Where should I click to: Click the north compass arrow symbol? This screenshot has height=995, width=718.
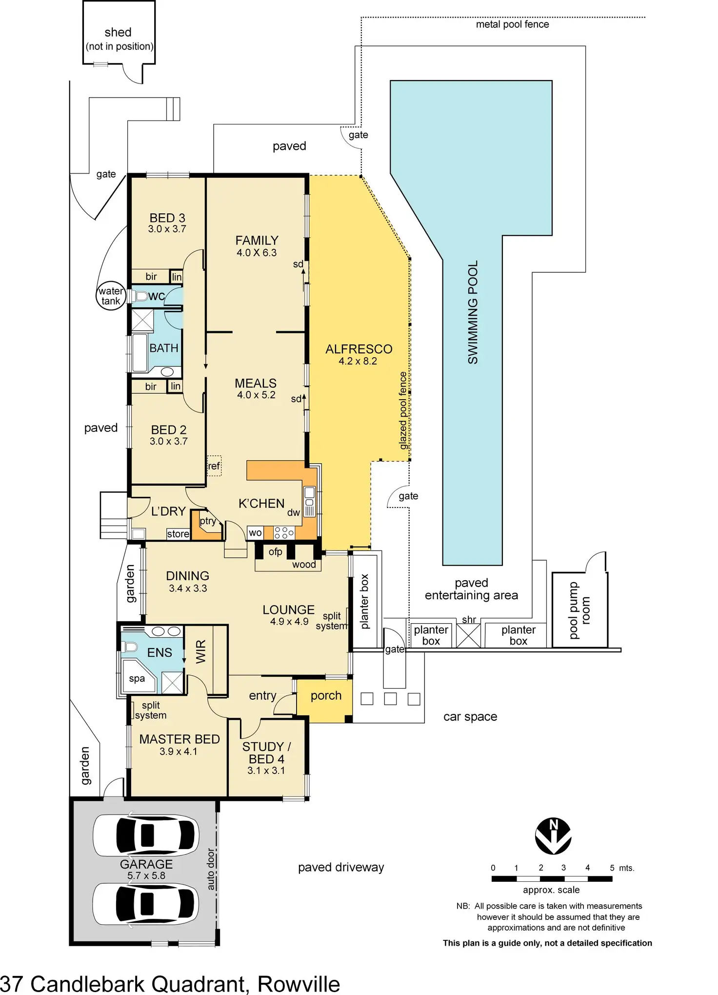tap(553, 836)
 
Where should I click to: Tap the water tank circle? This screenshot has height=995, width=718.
tap(111, 296)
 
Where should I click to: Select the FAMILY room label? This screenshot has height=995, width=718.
tap(257, 241)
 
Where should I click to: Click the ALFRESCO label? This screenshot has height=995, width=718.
tap(359, 349)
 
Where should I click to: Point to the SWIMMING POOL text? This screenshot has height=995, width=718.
tap(473, 312)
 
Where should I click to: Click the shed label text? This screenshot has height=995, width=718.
tap(118, 32)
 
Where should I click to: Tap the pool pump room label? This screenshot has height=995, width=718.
tap(579, 610)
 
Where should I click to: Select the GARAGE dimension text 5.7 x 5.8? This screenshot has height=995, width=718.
tap(146, 875)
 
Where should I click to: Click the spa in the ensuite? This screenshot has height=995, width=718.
tap(137, 678)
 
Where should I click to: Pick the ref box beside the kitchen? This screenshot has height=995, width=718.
tap(214, 466)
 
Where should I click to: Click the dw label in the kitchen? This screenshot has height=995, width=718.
tap(293, 512)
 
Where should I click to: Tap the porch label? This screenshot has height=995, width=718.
tap(326, 695)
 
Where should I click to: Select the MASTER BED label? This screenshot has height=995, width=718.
tap(179, 739)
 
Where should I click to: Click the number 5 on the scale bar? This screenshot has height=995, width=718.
tap(612, 868)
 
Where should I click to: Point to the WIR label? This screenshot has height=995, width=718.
tap(201, 651)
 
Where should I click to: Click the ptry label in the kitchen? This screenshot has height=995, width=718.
tap(208, 521)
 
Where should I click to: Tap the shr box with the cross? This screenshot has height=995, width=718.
tap(468, 635)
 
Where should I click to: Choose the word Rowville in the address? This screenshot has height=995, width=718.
tap(299, 984)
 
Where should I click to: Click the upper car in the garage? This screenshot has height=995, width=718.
tap(146, 835)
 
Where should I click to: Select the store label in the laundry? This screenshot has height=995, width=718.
tap(178, 534)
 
